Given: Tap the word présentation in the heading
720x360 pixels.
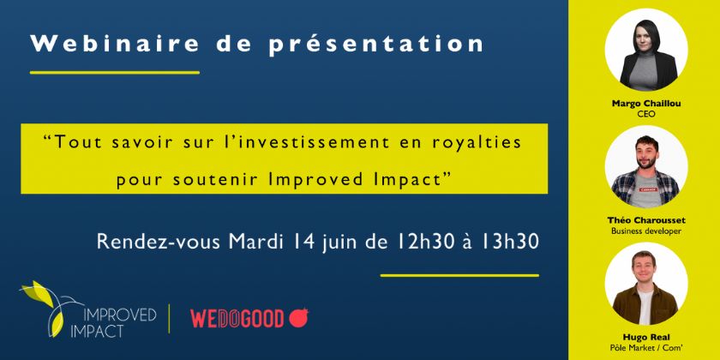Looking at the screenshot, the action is pyautogui.click(x=376, y=45).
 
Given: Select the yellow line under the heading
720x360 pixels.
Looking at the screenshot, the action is pyautogui.click(x=115, y=73).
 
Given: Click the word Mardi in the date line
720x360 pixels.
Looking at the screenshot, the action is pyautogui.click(x=255, y=242).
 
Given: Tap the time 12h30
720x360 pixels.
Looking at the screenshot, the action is pyautogui.click(x=417, y=242).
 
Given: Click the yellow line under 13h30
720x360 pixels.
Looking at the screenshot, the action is pyautogui.click(x=459, y=275).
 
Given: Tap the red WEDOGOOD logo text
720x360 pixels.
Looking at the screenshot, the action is pyautogui.click(x=237, y=319).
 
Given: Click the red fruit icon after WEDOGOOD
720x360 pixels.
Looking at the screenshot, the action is pyautogui.click(x=298, y=318).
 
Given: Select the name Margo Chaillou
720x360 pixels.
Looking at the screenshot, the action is pyautogui.click(x=646, y=104).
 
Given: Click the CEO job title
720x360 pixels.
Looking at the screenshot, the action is pyautogui.click(x=646, y=114).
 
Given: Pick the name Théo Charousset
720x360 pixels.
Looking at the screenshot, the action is pyautogui.click(x=646, y=221).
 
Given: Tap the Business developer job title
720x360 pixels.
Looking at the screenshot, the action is pyautogui.click(x=646, y=231).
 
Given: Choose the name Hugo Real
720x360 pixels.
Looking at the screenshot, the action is pyautogui.click(x=646, y=338).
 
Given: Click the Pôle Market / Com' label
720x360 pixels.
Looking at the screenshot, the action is pyautogui.click(x=646, y=348).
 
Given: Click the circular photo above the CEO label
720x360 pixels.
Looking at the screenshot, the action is pyautogui.click(x=646, y=50).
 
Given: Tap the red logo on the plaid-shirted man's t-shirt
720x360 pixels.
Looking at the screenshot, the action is pyautogui.click(x=646, y=189).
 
